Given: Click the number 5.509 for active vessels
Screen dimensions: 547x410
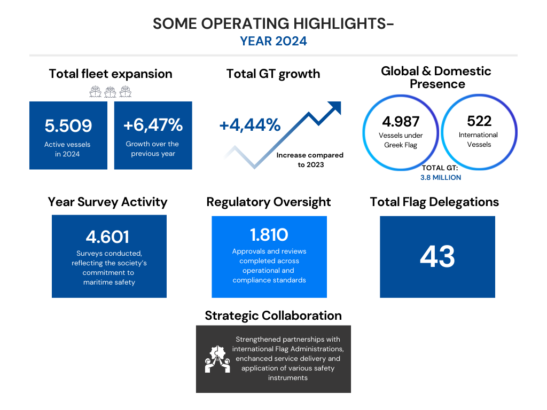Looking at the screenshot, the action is pyautogui.click(x=68, y=126).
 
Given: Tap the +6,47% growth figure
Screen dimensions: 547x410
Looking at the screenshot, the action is pyautogui.click(x=153, y=125).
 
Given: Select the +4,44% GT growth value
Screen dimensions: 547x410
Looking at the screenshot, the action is pyautogui.click(x=250, y=125).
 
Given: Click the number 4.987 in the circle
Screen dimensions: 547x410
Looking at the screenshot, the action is pyautogui.click(x=401, y=122).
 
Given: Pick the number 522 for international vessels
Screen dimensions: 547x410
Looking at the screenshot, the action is pyautogui.click(x=479, y=121).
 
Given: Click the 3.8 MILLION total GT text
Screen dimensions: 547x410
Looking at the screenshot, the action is pyautogui.click(x=441, y=177).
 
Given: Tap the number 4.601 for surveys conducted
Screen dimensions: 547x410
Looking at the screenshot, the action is pyautogui.click(x=107, y=237).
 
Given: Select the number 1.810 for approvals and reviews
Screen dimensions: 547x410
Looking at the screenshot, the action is pyautogui.click(x=269, y=235).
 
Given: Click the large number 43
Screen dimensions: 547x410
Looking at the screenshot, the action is pyautogui.click(x=437, y=257).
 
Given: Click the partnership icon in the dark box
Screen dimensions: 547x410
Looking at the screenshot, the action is pyautogui.click(x=217, y=359).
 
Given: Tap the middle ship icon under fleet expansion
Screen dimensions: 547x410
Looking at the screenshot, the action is pyautogui.click(x=110, y=92).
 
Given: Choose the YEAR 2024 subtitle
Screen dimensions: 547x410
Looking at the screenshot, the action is pyautogui.click(x=273, y=41).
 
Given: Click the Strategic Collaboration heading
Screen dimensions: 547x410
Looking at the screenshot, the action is pyautogui.click(x=273, y=316).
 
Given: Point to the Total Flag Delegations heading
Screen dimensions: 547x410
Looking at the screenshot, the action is pyautogui.click(x=434, y=202).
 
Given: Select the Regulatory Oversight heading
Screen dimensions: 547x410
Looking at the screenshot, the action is pyautogui.click(x=269, y=202).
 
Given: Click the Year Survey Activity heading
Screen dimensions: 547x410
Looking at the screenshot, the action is pyautogui.click(x=107, y=202).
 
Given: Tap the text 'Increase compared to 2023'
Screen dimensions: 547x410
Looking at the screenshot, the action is pyautogui.click(x=310, y=160).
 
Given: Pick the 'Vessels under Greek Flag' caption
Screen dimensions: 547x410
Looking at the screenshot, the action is pyautogui.click(x=401, y=140).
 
